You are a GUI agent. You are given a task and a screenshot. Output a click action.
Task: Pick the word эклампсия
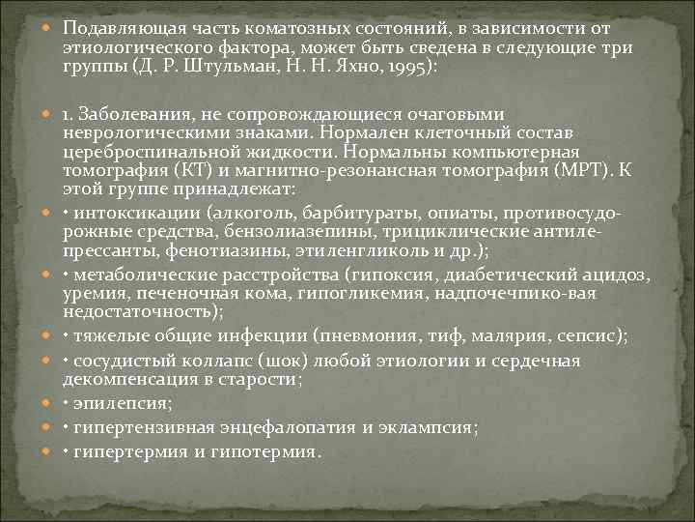pos(429,427)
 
